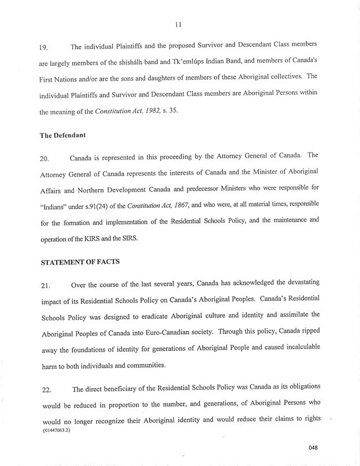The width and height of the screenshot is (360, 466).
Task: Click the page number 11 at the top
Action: point(180,24)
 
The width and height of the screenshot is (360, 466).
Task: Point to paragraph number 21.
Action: point(47,285)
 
